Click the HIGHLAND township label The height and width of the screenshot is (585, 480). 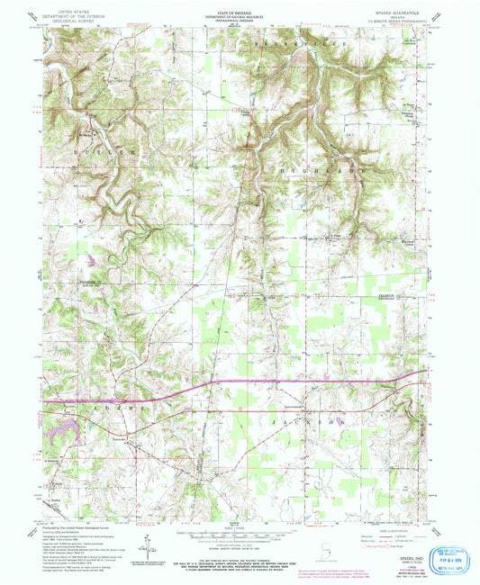pyautogui.click(x=330, y=169)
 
